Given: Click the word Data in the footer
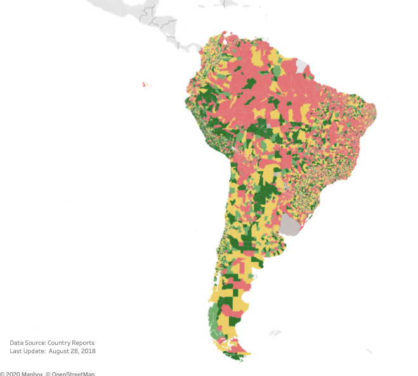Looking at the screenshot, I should (x=17, y=343).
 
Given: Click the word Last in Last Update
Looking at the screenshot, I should (x=16, y=351).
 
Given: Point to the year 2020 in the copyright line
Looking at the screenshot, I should (x=14, y=374).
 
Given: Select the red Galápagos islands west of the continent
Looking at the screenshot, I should (x=145, y=84).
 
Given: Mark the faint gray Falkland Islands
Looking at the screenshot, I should (x=274, y=332).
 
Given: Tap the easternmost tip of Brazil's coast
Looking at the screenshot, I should (x=376, y=112).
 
